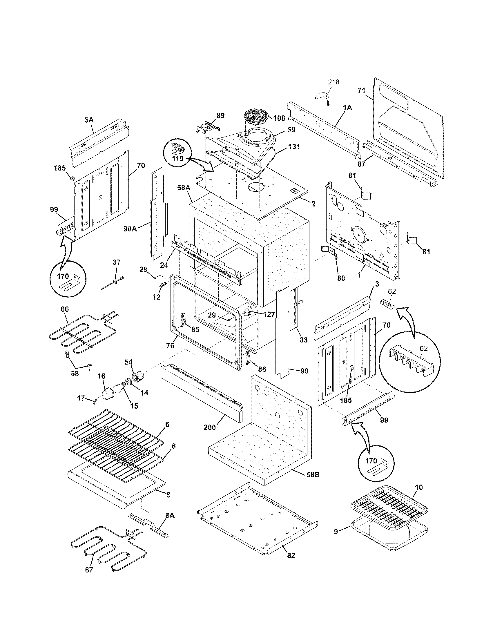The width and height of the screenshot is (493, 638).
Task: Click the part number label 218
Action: point(333,82)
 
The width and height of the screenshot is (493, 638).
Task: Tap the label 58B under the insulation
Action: point(313,474)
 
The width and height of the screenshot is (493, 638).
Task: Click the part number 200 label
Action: point(210,427)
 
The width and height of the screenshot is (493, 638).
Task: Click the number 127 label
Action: point(269,314)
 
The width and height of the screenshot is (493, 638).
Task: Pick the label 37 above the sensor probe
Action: point(116,262)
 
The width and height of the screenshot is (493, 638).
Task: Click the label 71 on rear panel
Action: point(362,90)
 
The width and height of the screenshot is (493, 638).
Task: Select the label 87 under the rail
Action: point(362,164)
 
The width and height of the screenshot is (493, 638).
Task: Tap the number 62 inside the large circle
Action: point(423,348)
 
